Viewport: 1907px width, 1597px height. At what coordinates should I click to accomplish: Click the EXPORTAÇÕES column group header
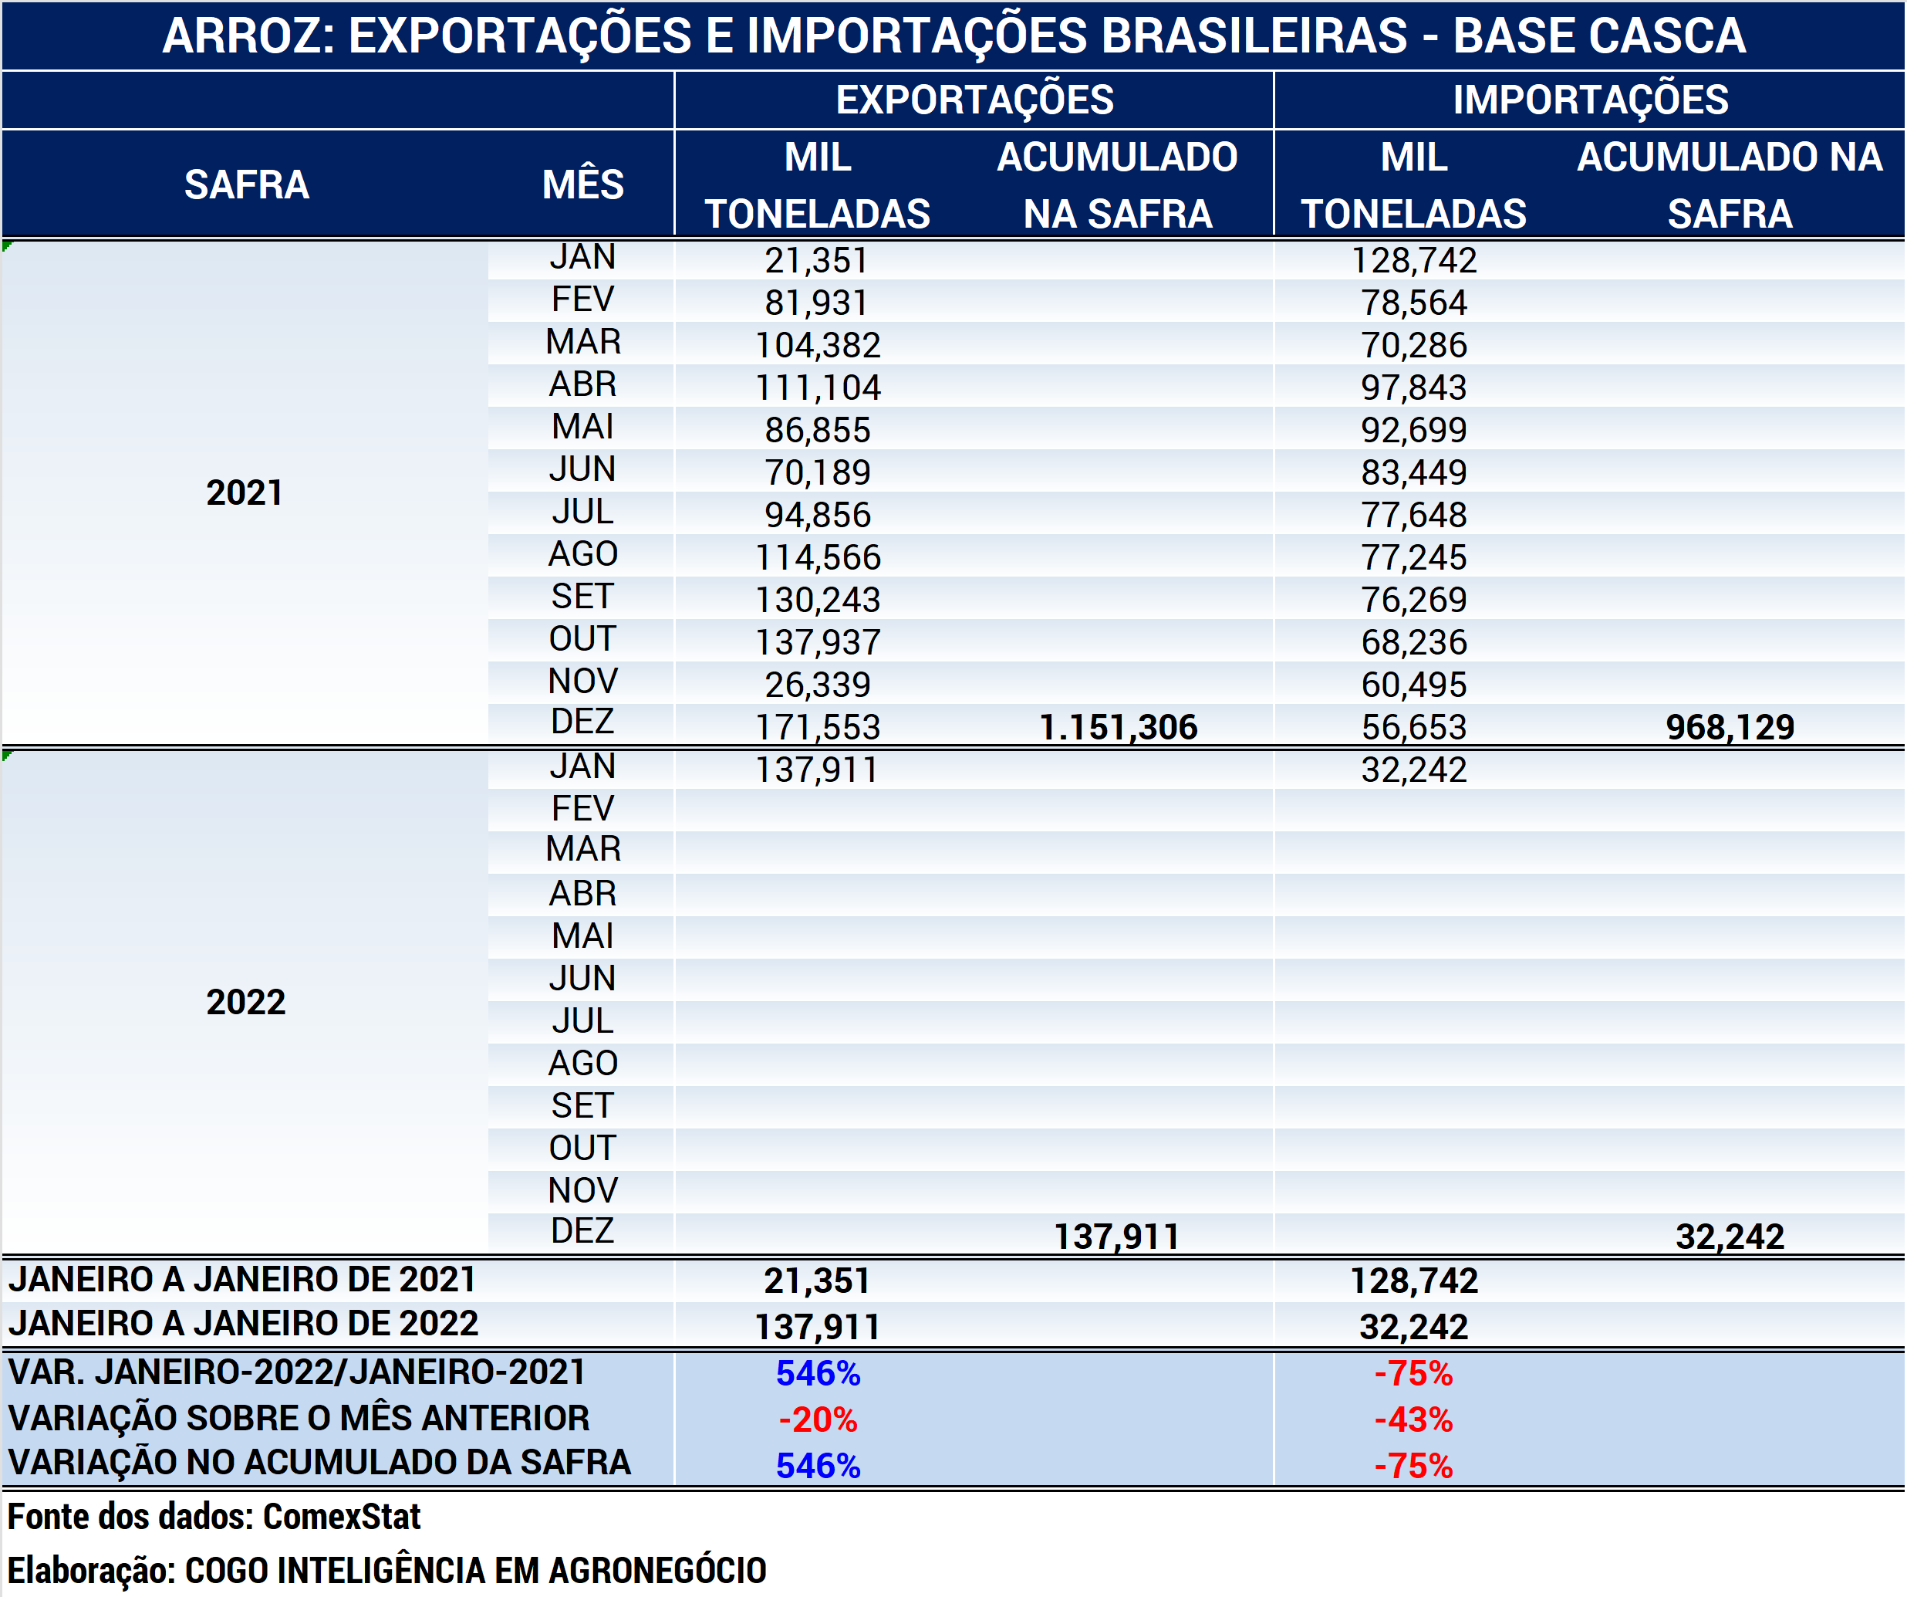[974, 100]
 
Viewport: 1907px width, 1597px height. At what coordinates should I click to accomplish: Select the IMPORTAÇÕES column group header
[1590, 100]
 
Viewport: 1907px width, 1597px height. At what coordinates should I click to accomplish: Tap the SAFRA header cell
[246, 184]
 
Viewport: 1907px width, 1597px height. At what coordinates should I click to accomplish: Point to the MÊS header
[582, 184]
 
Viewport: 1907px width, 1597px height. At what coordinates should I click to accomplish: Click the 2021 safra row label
[245, 492]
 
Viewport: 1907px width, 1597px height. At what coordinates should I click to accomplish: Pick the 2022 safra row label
[245, 1002]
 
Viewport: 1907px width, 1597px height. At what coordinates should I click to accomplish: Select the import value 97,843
[1413, 388]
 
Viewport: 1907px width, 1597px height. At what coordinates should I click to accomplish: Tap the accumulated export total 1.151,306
[1118, 727]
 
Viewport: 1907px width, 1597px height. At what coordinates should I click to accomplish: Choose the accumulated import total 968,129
[1729, 727]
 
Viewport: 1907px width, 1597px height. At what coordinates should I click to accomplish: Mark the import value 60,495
[1413, 685]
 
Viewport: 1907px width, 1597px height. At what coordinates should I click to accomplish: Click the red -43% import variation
[1413, 1420]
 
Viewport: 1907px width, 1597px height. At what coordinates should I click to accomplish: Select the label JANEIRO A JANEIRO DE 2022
[243, 1324]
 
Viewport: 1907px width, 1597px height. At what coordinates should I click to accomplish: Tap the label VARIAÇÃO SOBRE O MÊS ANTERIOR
[299, 1418]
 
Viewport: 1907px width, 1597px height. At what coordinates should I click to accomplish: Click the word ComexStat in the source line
[342, 1516]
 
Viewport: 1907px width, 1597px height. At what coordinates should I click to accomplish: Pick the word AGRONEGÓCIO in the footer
[657, 1570]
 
